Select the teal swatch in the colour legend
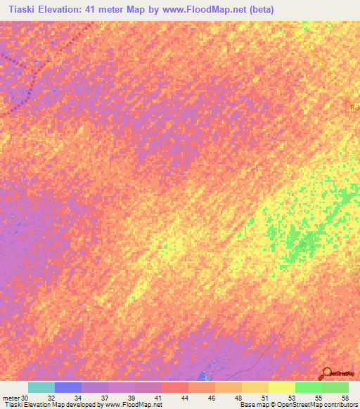point(41,387)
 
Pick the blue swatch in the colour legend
point(68,387)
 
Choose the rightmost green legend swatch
point(335,387)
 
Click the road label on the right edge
point(354,107)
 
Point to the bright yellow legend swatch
point(282,387)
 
